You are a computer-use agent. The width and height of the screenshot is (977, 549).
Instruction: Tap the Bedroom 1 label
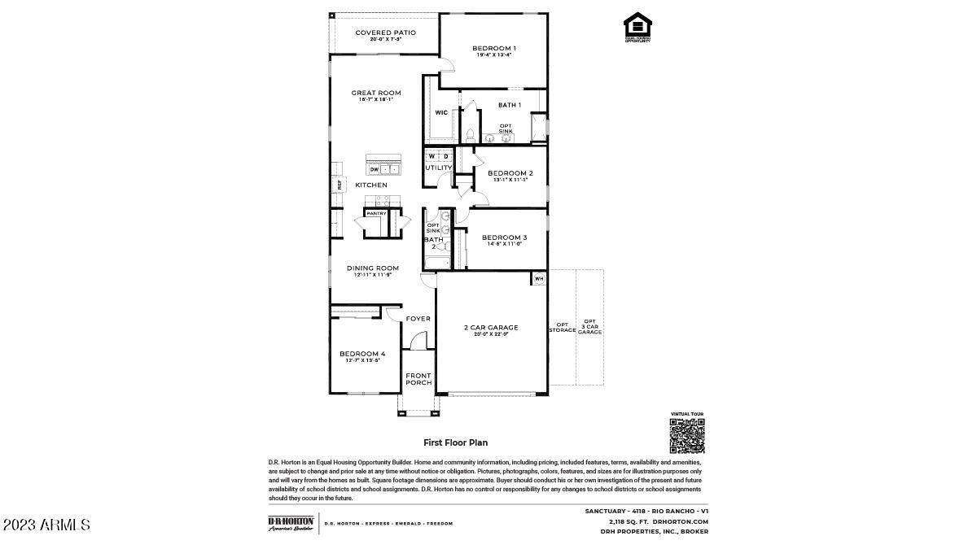click(494, 48)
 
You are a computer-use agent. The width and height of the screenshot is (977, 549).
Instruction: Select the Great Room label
click(376, 93)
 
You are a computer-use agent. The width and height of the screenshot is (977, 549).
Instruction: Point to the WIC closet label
click(440, 112)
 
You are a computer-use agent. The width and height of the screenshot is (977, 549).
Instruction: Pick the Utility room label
click(439, 168)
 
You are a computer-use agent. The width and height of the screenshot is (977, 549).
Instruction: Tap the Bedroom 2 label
click(510, 173)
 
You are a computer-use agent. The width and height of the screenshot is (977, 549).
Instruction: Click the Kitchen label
click(371, 185)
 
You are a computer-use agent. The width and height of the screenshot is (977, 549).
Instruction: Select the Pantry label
click(376, 213)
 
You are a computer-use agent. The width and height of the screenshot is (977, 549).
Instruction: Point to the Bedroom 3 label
click(504, 237)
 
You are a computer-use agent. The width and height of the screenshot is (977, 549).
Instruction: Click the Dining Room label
click(373, 268)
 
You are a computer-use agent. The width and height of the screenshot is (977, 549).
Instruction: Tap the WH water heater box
click(538, 278)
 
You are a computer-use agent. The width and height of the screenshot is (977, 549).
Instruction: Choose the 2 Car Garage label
click(491, 328)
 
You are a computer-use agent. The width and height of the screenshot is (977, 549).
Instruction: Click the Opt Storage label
click(563, 327)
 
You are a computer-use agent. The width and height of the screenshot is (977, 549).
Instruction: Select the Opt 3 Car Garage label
click(589, 327)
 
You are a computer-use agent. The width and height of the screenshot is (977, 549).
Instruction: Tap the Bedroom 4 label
click(362, 354)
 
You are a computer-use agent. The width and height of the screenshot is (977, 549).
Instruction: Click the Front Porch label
click(418, 378)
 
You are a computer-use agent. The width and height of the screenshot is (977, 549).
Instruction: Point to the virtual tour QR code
click(686, 436)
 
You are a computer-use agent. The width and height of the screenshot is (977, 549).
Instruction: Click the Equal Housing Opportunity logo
click(637, 26)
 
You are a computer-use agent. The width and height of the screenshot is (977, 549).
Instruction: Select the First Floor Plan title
click(455, 443)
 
